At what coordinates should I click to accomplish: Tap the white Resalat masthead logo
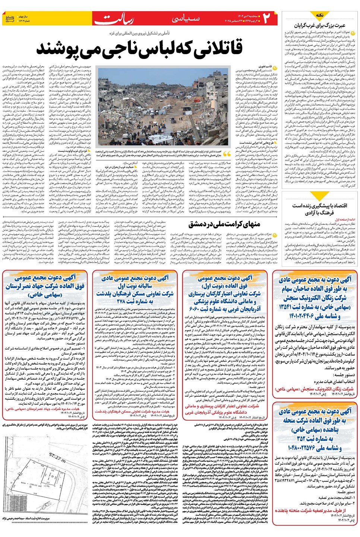pos(114,19)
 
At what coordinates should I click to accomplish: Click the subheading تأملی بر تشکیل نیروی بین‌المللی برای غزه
pos(139,34)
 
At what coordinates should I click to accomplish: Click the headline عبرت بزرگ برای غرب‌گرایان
pos(320,25)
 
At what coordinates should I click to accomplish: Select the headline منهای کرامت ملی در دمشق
pos(224,224)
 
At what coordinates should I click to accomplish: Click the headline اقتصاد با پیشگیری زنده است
pos(319,205)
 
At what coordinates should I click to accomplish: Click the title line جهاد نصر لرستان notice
pos(45,286)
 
